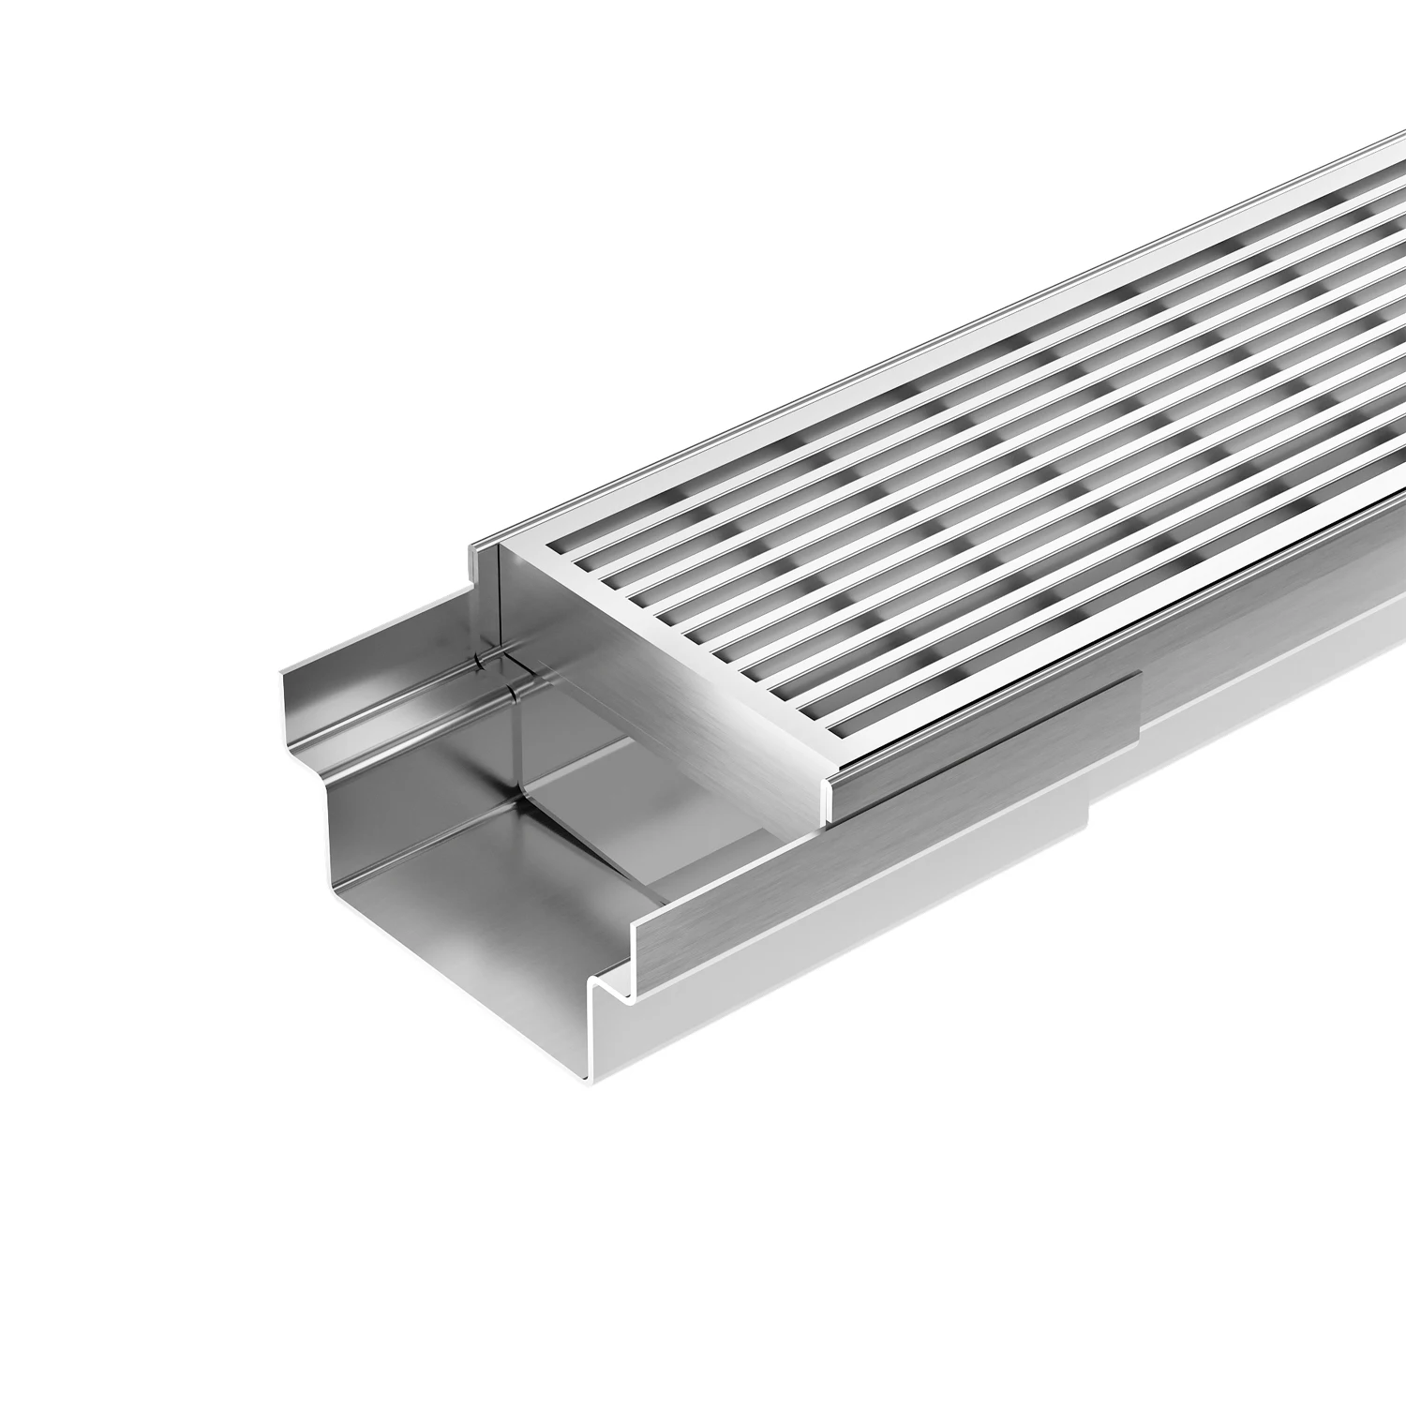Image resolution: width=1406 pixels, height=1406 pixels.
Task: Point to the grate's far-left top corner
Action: [506, 544]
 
